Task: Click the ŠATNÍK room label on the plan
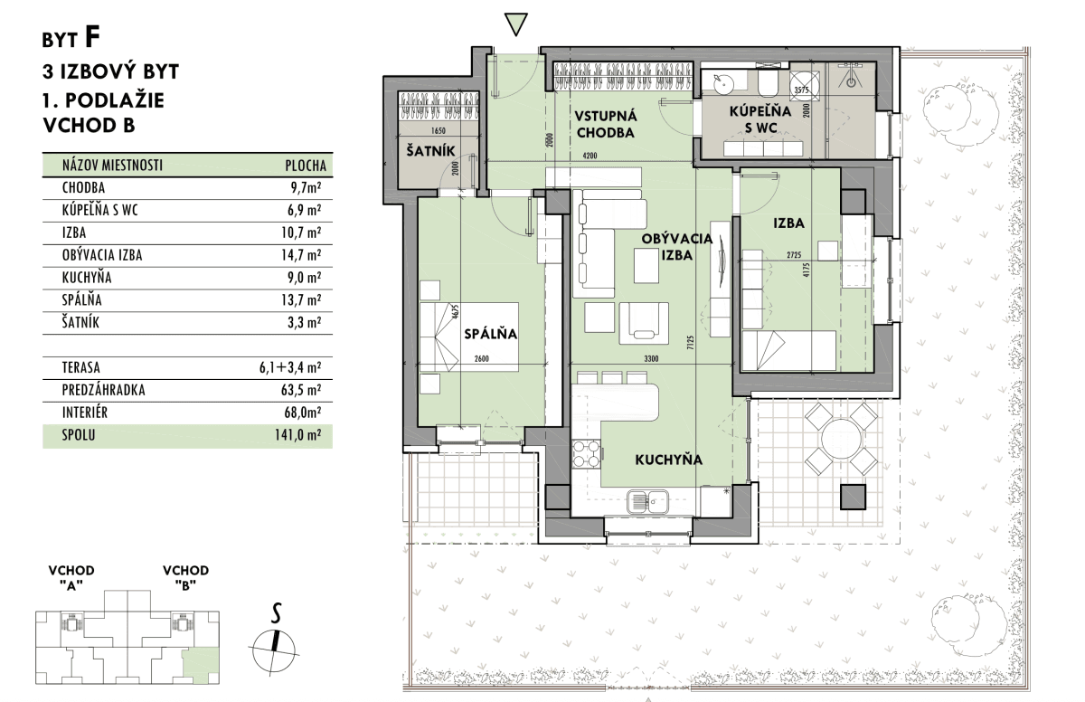(430, 151)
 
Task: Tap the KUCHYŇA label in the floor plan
(668, 460)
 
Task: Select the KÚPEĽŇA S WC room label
(760, 119)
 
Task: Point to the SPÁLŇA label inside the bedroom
(490, 334)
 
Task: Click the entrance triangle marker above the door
(515, 24)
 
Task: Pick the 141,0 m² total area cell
(297, 435)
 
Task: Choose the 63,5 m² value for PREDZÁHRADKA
(301, 390)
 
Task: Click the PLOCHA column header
(306, 166)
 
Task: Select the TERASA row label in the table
(80, 367)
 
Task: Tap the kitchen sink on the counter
(647, 501)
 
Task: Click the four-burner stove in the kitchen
(586, 454)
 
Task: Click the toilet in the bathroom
(768, 83)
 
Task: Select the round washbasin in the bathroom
(724, 83)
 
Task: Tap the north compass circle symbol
(274, 650)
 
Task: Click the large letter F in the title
(92, 37)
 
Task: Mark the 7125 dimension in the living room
(691, 343)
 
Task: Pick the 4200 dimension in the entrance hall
(590, 156)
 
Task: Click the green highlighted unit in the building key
(200, 667)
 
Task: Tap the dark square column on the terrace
(853, 497)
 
